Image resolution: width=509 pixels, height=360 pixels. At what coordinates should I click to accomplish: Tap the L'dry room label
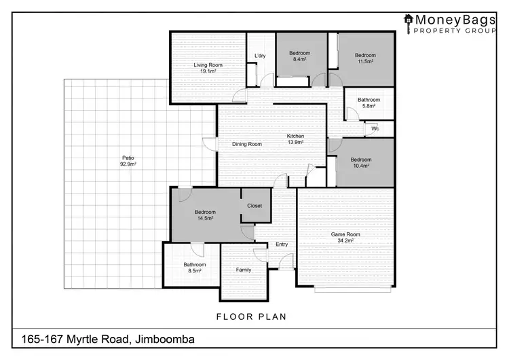point(260,56)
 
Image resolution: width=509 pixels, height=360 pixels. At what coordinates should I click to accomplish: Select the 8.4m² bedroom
point(299,56)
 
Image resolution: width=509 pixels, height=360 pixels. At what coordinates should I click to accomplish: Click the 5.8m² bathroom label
point(369,103)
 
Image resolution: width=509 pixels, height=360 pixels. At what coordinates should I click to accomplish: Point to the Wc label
point(375,128)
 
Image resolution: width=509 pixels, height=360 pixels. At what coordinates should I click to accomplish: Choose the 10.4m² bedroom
point(361,163)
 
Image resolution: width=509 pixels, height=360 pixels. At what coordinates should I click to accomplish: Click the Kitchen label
point(295,139)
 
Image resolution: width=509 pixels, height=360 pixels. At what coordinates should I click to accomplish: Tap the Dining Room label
point(247,144)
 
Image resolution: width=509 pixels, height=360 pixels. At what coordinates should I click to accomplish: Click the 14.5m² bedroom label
point(204,215)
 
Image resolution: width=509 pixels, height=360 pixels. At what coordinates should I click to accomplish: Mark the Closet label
point(254,205)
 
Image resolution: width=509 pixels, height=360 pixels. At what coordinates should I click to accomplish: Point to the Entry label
point(282,245)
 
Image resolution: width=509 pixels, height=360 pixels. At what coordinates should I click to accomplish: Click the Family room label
point(243,270)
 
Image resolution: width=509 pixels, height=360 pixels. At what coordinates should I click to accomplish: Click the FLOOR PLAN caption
point(251,316)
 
